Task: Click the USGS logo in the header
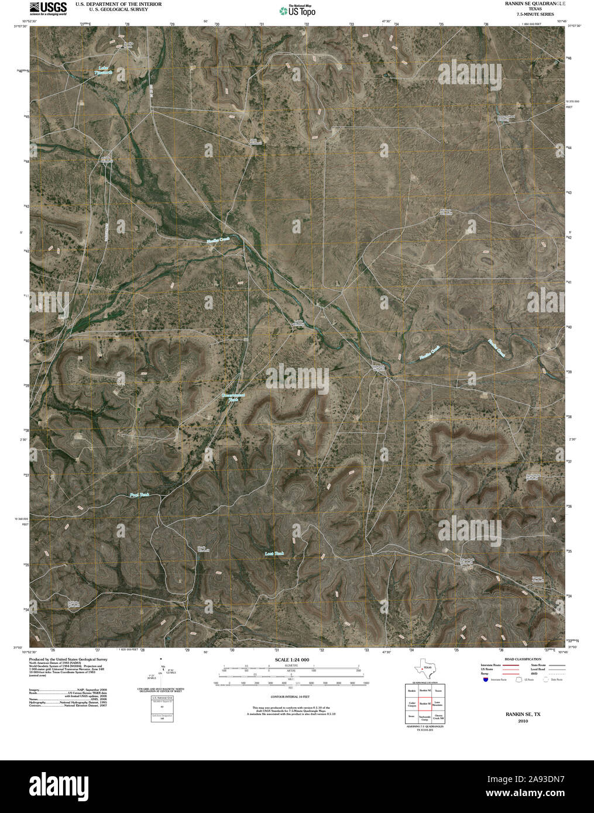coord(49,8)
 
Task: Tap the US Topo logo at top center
coord(297,10)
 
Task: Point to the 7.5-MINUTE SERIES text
coord(531,14)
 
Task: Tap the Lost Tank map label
coord(274,553)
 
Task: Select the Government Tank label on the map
coord(233,397)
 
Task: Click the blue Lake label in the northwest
coord(104,70)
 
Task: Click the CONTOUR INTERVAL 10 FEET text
coord(290,697)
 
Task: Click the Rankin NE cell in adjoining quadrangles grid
coord(425,691)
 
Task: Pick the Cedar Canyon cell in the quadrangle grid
coord(412,704)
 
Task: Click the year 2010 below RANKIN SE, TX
coord(523,721)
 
